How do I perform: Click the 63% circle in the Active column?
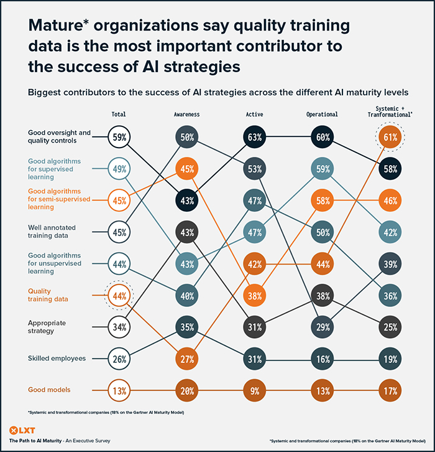coord(254,136)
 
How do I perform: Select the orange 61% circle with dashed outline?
coord(389,136)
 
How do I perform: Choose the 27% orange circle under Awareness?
coord(186,359)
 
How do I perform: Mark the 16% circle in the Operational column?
coord(322,359)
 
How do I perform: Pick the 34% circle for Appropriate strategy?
coord(119,326)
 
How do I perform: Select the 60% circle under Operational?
coord(322,136)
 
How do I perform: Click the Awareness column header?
coord(186,115)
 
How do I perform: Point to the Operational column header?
coord(322,115)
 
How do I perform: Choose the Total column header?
coord(119,115)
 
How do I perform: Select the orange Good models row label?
coord(49,390)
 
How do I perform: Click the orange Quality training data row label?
coord(48,294)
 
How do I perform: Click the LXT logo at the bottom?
coord(22,430)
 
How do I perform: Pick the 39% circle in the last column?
coord(389,264)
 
